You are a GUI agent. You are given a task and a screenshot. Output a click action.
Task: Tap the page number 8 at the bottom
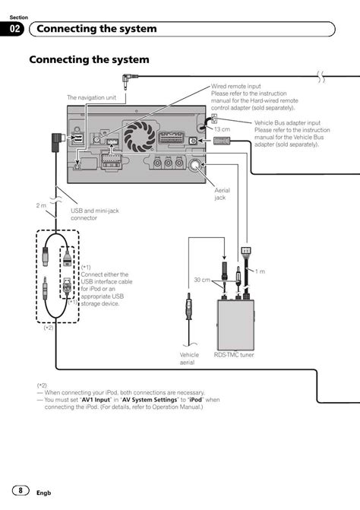point(21,490)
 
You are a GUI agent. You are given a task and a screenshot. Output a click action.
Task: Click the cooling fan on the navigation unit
point(140,136)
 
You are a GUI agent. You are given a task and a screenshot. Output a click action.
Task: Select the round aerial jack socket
point(195,165)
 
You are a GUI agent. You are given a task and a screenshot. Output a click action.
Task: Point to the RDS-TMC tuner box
point(235,325)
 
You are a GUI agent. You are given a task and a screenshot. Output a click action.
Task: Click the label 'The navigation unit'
point(91,97)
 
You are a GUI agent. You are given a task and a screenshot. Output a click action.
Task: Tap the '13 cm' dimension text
point(222,129)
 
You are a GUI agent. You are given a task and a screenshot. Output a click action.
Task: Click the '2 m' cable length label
point(41,205)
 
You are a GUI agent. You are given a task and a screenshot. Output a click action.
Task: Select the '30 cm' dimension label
point(202,280)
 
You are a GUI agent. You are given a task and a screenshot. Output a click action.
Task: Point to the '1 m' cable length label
point(260,271)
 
